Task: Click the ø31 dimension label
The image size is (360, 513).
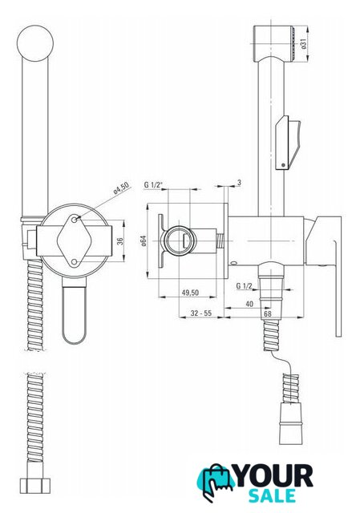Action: click(x=304, y=44)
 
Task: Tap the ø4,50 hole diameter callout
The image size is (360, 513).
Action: click(x=121, y=188)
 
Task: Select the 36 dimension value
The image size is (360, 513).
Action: click(x=120, y=241)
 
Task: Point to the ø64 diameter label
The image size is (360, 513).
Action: click(x=144, y=240)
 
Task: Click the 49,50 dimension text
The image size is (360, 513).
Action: click(x=190, y=292)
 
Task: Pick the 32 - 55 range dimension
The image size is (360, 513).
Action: click(x=201, y=313)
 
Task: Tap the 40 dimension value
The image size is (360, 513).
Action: click(x=249, y=304)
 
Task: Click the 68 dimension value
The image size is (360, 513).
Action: click(x=268, y=313)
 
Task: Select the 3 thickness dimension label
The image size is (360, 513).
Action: click(x=239, y=183)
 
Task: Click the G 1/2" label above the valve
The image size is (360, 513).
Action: click(x=153, y=185)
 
